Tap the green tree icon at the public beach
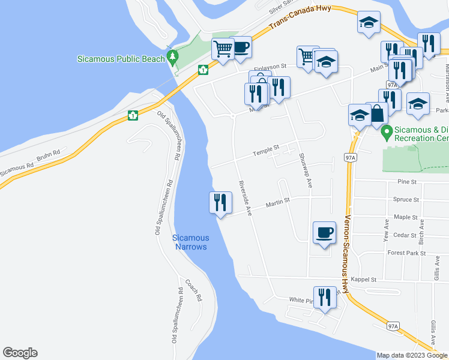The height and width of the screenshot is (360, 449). click(x=173, y=58)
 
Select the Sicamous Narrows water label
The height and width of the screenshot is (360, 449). click(x=191, y=242)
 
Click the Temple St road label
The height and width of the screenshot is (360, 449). click(x=265, y=148)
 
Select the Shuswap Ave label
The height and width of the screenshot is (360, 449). click(x=305, y=169)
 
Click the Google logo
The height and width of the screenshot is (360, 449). click(x=20, y=353)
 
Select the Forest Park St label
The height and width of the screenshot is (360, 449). click(x=406, y=253)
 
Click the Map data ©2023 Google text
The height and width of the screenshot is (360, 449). click(x=412, y=355)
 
